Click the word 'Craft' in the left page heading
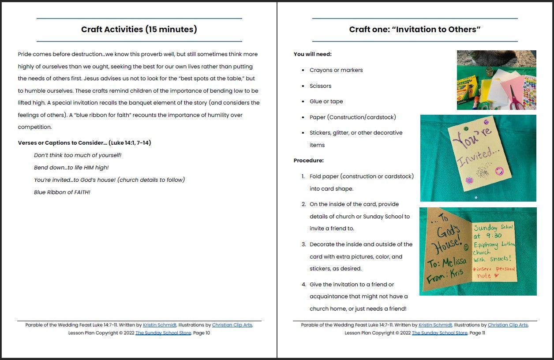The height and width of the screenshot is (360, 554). (x=92, y=30)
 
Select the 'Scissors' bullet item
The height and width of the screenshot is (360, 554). (x=320, y=86)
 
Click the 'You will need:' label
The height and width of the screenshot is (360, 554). (x=313, y=54)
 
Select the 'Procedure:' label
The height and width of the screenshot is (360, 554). (x=309, y=161)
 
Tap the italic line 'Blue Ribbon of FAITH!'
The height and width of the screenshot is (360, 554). (x=62, y=192)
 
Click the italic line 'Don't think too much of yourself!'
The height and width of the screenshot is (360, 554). (x=78, y=155)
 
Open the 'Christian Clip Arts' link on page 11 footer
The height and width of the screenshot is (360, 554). (x=507, y=325)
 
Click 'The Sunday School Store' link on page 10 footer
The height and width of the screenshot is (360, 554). (x=163, y=333)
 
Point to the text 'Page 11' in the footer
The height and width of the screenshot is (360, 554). (x=477, y=333)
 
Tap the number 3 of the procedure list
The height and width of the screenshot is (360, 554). (x=303, y=244)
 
